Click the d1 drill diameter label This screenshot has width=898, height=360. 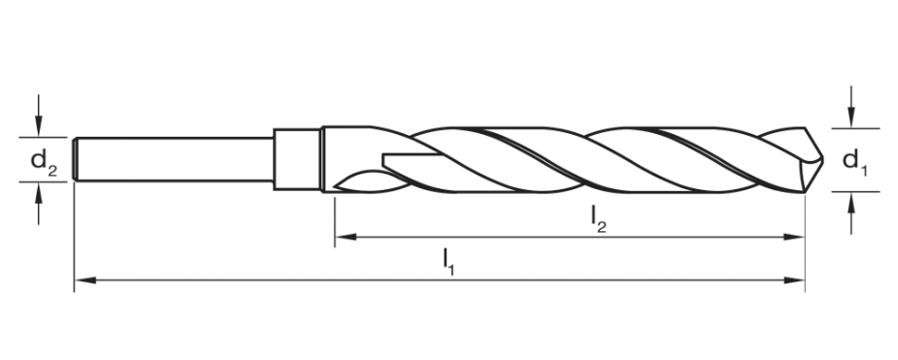pyautogui.click(x=853, y=160)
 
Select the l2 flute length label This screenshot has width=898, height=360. pyautogui.click(x=599, y=221)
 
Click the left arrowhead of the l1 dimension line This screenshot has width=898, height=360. pyautogui.click(x=83, y=281)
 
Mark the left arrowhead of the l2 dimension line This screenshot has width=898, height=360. pyautogui.click(x=345, y=237)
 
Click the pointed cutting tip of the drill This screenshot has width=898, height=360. pyautogui.click(x=818, y=157)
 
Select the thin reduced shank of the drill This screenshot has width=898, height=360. pyautogui.click(x=175, y=160)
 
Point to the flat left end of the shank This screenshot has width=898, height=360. pyautogui.click(x=75, y=160)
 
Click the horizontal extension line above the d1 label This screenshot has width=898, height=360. pyautogui.click(x=854, y=128)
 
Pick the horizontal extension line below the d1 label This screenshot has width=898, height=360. pyautogui.click(x=854, y=192)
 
